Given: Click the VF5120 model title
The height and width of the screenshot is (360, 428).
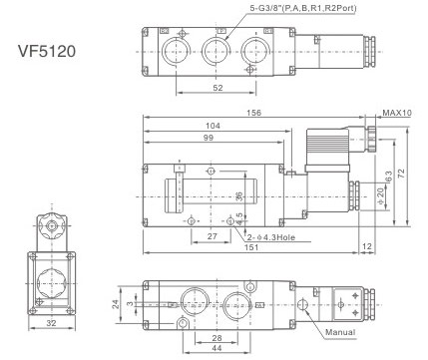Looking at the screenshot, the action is click(47, 51).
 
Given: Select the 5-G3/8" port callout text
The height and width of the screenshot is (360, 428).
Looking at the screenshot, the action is click(303, 8).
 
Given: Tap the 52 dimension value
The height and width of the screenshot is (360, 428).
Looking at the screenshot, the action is click(217, 88).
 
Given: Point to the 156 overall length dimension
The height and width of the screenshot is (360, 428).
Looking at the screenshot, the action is click(253, 113).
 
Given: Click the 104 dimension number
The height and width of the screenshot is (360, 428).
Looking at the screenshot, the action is click(213, 126).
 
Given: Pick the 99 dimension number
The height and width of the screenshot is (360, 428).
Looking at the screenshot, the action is click(209, 138).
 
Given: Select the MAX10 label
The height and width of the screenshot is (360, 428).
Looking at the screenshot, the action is click(397, 113).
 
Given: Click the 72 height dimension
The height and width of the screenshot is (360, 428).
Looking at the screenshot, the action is click(402, 174).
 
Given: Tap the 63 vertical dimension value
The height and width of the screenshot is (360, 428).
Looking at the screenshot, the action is click(388, 176).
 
